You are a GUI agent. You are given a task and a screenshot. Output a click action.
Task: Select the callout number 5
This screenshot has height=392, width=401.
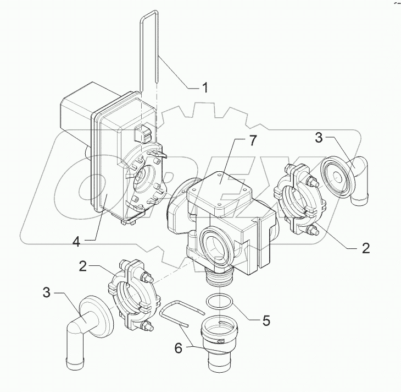(265, 320)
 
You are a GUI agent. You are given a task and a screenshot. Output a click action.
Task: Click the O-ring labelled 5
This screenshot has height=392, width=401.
(220, 302)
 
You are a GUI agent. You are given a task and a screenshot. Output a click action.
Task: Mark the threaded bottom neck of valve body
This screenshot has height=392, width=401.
(220, 279)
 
